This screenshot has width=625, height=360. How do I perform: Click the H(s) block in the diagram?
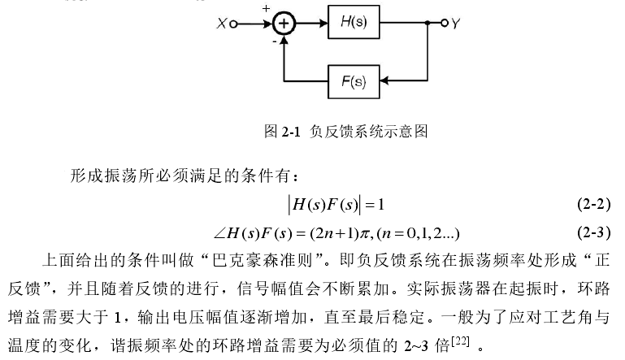(353, 23)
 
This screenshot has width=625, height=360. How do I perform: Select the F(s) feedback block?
(353, 82)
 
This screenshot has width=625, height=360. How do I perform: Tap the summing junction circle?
(284, 24)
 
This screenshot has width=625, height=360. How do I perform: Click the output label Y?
(456, 24)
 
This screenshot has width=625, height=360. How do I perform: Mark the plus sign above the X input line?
(266, 9)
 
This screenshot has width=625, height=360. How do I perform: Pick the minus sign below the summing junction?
(273, 39)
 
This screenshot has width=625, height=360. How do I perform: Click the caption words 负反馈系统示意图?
(370, 130)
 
